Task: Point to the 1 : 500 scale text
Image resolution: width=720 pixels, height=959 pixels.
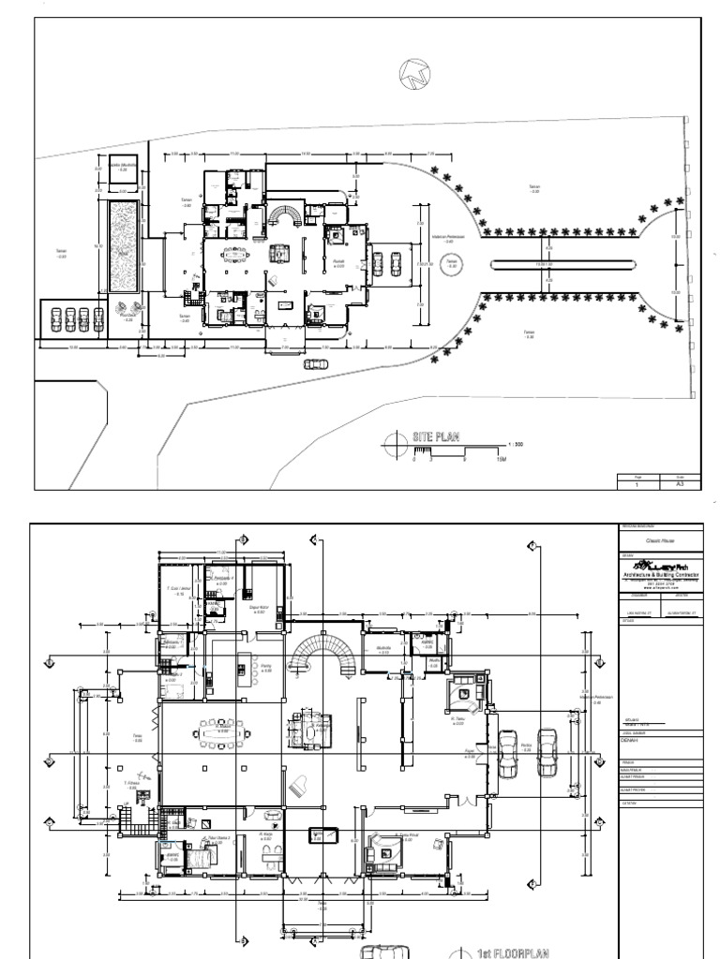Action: click(515, 443)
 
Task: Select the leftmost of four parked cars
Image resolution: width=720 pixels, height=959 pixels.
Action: click(56, 318)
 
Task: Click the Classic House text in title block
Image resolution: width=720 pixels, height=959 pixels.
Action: click(662, 541)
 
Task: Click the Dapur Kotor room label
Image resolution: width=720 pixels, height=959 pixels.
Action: click(260, 611)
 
